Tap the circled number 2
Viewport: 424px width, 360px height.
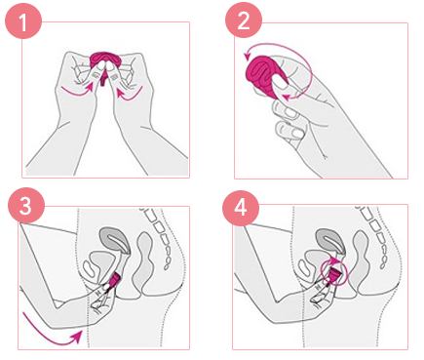244,20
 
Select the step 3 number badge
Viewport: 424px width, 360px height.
26,205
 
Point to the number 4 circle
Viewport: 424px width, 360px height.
241,208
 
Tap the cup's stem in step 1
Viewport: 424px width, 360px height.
103,80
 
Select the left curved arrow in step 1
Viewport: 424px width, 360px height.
77,90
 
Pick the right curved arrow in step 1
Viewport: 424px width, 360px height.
130,94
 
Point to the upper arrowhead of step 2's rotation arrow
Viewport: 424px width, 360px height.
248,56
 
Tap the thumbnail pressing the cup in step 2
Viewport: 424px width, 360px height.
281,86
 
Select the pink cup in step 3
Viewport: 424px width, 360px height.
114,281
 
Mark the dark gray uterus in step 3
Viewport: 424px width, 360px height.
116,239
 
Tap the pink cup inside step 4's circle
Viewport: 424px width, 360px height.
334,276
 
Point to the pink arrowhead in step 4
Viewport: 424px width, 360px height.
332,260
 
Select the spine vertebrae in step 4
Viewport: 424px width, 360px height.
373,236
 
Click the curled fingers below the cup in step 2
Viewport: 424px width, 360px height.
289,119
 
